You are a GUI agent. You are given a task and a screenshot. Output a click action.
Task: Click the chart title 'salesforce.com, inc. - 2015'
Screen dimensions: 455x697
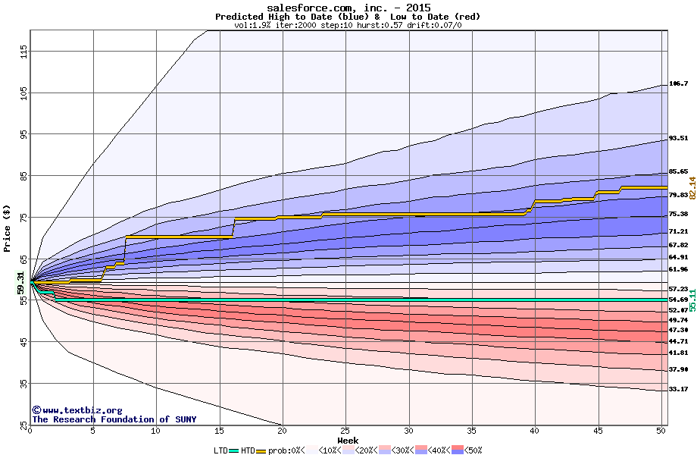coord(348,8)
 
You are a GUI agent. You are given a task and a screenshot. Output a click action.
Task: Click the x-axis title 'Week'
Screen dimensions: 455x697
coord(348,440)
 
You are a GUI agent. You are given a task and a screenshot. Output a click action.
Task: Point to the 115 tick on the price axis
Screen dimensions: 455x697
coord(23,52)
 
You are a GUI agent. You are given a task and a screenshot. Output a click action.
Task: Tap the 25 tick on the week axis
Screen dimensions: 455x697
coord(345,430)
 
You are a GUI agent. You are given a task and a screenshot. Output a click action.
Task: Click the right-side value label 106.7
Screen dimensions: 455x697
coord(678,83)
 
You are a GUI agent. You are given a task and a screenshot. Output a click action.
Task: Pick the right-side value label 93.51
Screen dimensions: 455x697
coord(678,139)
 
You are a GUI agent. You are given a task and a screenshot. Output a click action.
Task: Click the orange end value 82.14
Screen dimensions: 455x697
coord(692,187)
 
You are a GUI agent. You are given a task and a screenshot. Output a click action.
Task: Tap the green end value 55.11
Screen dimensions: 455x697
coord(692,299)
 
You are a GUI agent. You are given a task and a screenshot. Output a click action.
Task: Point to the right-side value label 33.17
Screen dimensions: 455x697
coord(678,389)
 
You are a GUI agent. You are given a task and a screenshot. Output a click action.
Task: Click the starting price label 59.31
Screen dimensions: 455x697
coord(21,282)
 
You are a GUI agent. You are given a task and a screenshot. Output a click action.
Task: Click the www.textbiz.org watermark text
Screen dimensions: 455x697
coord(77,410)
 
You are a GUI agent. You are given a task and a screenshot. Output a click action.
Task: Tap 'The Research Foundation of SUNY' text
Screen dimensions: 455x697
coord(114,419)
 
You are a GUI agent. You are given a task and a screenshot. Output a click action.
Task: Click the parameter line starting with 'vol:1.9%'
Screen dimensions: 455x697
coord(348,25)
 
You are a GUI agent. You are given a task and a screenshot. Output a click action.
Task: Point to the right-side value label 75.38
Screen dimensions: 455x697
coord(678,215)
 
